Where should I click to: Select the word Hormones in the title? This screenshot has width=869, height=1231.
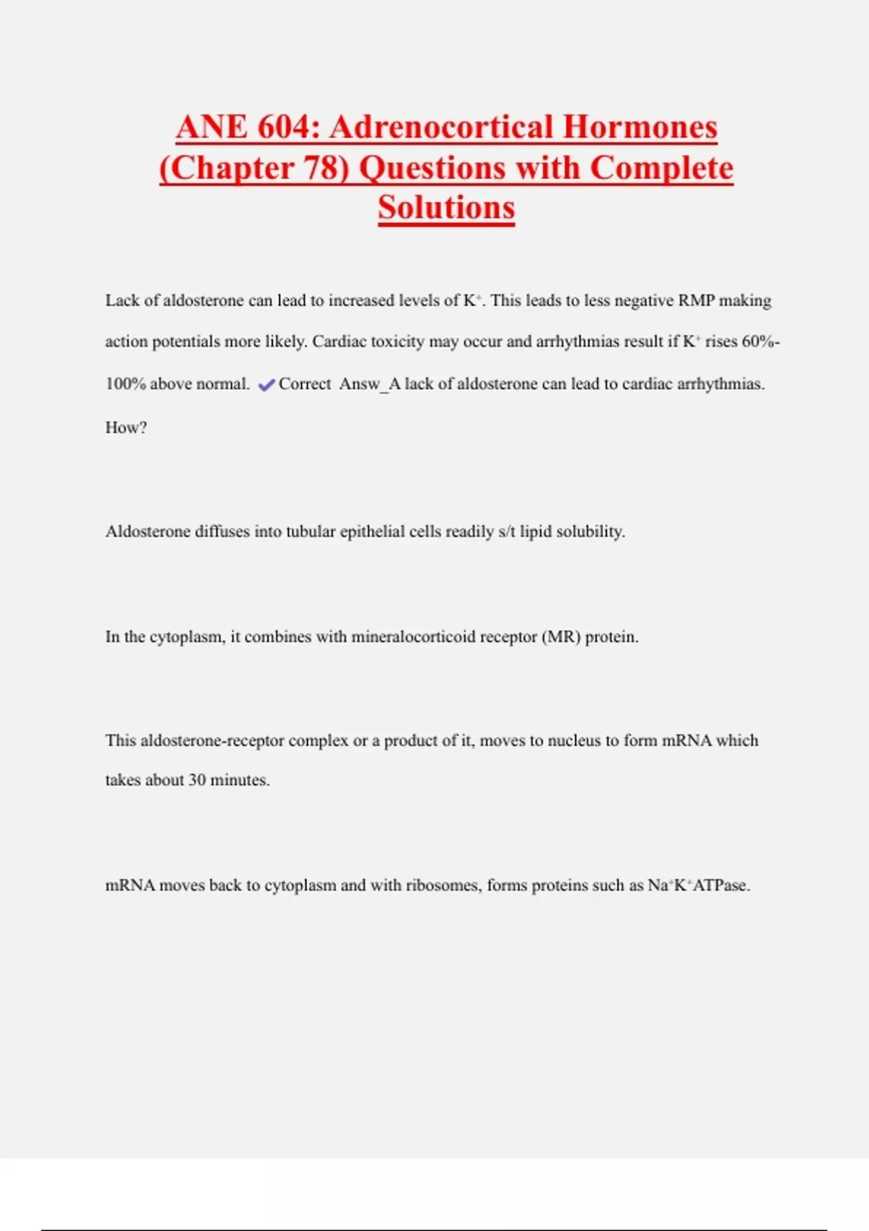pyautogui.click(x=639, y=127)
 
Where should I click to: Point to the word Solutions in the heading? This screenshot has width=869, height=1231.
pyautogui.click(x=446, y=208)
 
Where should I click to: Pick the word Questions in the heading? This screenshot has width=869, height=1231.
pyautogui.click(x=432, y=168)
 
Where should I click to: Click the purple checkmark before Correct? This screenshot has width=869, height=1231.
pyautogui.click(x=266, y=385)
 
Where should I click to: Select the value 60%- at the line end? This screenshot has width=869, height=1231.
pyautogui.click(x=760, y=342)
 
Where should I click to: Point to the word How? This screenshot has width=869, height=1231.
pyautogui.click(x=126, y=428)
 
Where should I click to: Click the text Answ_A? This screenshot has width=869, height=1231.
pyautogui.click(x=369, y=385)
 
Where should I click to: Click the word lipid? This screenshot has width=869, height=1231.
pyautogui.click(x=535, y=532)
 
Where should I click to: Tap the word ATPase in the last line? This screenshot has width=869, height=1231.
pyautogui.click(x=720, y=886)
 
